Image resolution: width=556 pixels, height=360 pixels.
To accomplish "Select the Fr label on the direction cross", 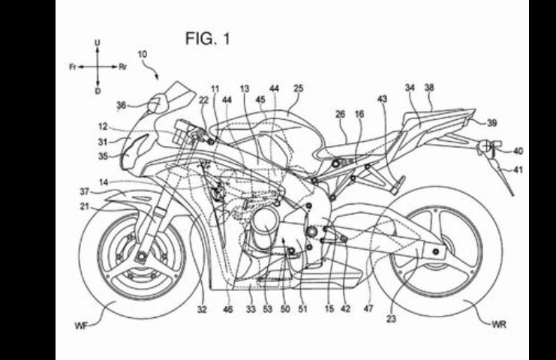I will [72, 66].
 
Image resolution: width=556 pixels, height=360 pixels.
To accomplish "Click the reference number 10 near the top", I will [142, 55].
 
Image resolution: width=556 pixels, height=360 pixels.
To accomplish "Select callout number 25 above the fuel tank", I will [298, 88].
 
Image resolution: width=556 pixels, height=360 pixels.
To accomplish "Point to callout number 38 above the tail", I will [429, 88].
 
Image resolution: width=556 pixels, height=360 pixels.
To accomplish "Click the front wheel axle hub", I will [140, 259].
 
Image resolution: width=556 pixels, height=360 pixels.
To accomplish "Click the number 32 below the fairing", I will [202, 307].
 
